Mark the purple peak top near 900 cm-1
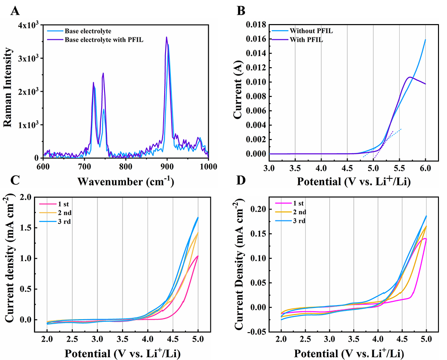(167, 37)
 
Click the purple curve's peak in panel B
(410, 77)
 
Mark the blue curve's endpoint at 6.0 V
(425, 40)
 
